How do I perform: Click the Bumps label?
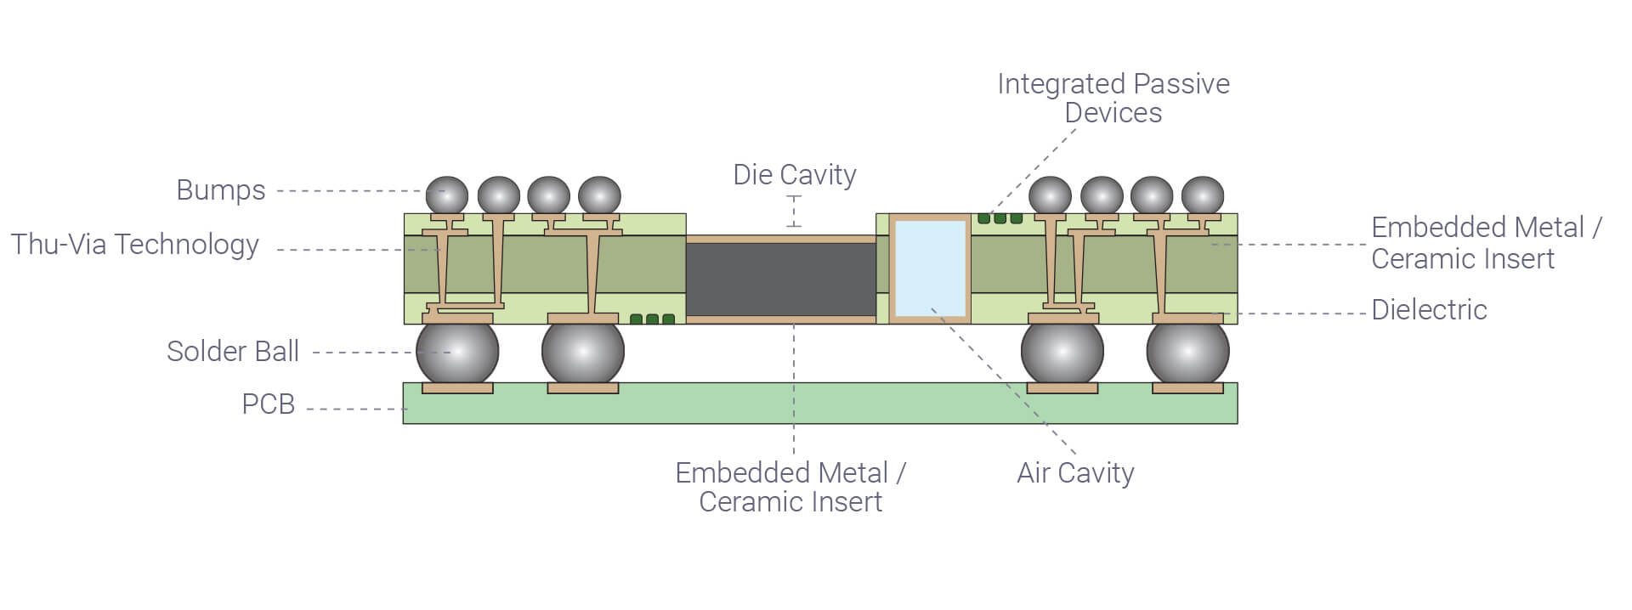pos(220,190)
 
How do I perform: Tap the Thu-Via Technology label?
pos(134,245)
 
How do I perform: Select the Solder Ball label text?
pos(232,352)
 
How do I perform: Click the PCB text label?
pos(268,404)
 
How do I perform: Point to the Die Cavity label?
pos(794,175)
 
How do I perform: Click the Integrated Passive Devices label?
pos(1113,98)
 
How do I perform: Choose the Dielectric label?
pos(1429,310)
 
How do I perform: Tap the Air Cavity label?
pos(1075,473)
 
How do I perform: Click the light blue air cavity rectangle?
pos(931,268)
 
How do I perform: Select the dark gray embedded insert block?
pos(780,280)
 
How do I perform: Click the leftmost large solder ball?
pos(457,351)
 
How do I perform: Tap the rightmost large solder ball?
pos(1187,351)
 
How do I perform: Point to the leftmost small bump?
pos(446,195)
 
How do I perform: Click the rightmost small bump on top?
pos(1202,195)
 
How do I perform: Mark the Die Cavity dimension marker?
pos(794,212)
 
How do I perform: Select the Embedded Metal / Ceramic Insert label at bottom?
pos(790,487)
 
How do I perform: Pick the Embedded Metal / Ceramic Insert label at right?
pos(1486,243)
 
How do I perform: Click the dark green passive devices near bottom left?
pos(652,319)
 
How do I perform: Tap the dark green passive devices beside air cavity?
pos(1000,218)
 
